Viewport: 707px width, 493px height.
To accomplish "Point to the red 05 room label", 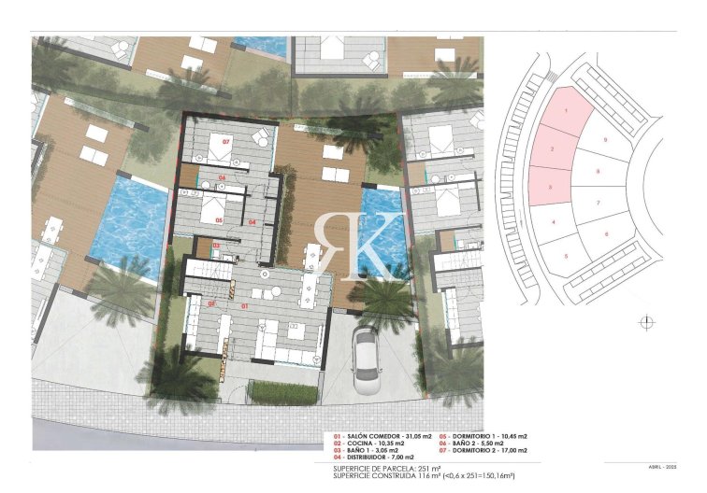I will coord(219,221).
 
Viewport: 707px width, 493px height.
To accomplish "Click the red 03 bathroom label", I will coord(216,246).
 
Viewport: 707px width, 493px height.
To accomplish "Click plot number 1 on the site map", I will coord(567,111).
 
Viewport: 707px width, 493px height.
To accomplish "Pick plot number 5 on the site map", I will coord(566,255).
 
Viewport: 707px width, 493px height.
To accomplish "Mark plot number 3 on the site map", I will coord(552,188).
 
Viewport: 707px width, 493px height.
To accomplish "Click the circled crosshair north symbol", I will coord(646,323).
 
